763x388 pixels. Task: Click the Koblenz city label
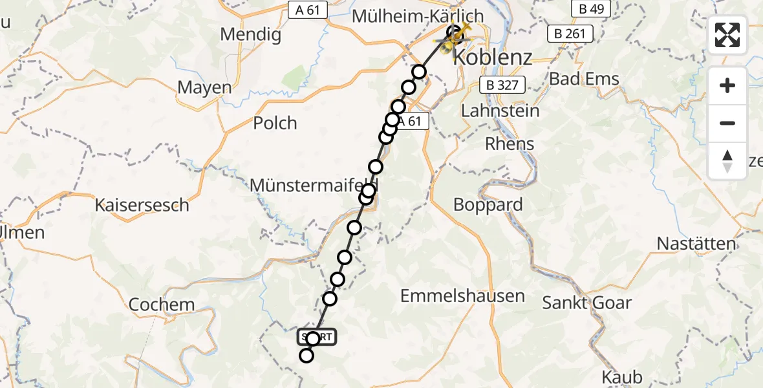click(493, 57)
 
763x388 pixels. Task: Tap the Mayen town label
click(204, 87)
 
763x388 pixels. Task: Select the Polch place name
click(275, 123)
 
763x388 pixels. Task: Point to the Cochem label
click(161, 305)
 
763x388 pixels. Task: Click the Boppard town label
click(488, 205)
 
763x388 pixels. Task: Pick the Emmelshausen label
click(462, 296)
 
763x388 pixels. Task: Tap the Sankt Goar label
click(586, 302)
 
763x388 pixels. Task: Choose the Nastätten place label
click(696, 244)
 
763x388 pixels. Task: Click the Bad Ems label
click(584, 80)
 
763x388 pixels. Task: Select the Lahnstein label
click(500, 111)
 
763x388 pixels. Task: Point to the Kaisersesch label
click(142, 206)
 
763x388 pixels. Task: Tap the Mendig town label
click(251, 34)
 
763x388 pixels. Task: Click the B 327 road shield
click(503, 84)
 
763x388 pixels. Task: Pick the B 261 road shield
click(570, 34)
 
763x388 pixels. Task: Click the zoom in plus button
click(727, 85)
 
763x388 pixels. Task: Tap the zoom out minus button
click(727, 123)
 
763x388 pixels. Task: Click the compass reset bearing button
click(727, 160)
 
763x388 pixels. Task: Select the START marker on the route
click(316, 337)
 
